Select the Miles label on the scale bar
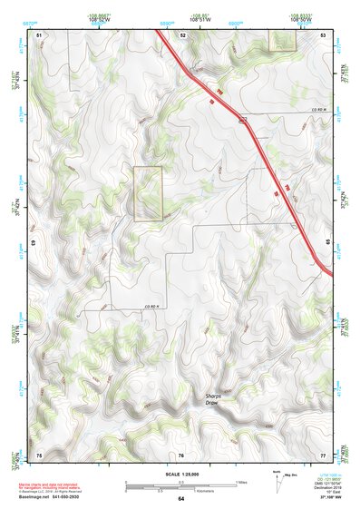pyautogui.click(x=240, y=482)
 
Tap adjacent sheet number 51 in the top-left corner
pyautogui.click(x=39, y=34)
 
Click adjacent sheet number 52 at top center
pyautogui.click(x=182, y=34)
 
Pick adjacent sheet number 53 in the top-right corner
pyautogui.click(x=323, y=34)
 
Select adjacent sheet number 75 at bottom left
pyautogui.click(x=39, y=454)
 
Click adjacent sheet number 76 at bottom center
pyautogui.click(x=181, y=455)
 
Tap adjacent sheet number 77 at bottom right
pyautogui.click(x=323, y=454)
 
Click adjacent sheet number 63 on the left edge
pyautogui.click(x=34, y=243)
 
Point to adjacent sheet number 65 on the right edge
pyautogui.click(x=327, y=243)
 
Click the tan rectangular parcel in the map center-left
pyautogui.click(x=148, y=193)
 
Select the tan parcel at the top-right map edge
pyautogui.click(x=283, y=40)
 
